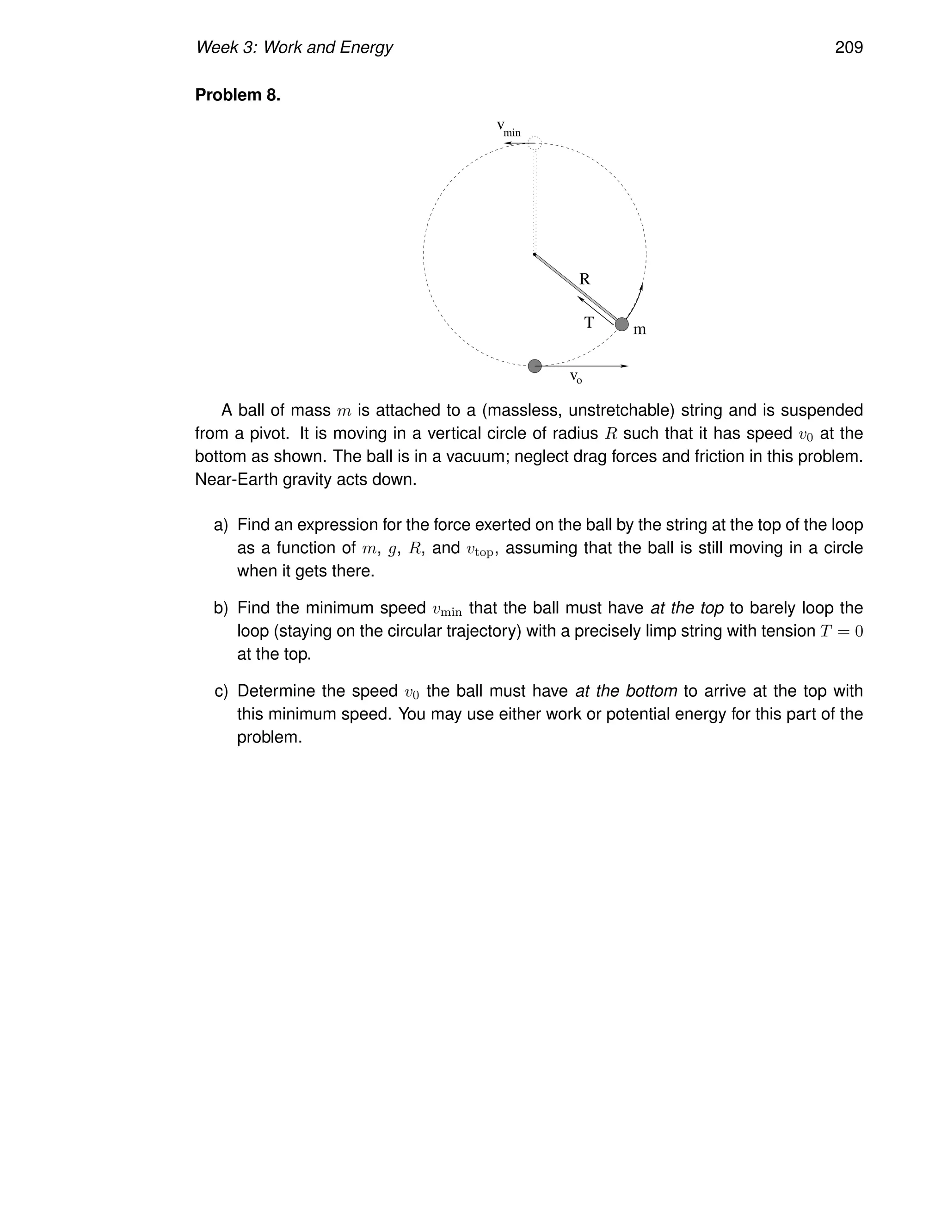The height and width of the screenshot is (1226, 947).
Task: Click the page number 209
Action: coord(848,48)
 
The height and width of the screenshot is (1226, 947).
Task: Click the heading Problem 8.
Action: coord(237,95)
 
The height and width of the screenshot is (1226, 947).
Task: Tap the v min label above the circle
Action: coord(508,128)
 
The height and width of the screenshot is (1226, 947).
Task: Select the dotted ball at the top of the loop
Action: coord(535,142)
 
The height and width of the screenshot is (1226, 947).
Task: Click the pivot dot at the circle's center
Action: coord(534,254)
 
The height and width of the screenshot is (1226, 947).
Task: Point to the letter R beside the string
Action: coord(584,279)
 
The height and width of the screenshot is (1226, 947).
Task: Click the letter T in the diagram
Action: coord(589,323)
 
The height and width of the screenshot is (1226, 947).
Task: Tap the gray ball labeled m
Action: coord(621,324)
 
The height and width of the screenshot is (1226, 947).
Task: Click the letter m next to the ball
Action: coord(640,330)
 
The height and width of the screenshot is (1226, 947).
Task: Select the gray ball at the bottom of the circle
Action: coord(535,366)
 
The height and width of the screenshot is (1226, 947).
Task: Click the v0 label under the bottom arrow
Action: coord(576,377)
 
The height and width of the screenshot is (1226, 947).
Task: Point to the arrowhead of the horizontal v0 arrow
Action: coord(625,366)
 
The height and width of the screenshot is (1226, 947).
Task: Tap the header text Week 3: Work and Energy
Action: coord(294,48)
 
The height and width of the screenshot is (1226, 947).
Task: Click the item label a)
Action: coord(221,525)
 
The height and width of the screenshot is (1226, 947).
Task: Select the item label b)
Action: coord(221,608)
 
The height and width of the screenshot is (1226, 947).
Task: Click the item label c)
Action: coord(221,691)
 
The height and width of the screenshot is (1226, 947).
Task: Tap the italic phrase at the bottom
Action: coord(626,691)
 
